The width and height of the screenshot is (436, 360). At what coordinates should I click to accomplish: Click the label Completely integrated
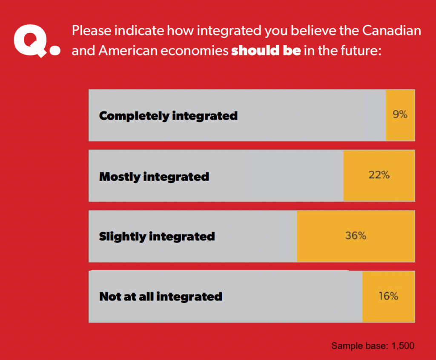[168, 116]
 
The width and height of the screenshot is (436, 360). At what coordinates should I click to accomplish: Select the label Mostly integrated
[154, 176]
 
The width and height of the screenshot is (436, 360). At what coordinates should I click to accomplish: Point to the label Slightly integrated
[157, 236]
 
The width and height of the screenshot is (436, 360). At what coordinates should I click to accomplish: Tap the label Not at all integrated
[161, 296]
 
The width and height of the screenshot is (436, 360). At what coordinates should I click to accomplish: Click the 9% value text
[400, 114]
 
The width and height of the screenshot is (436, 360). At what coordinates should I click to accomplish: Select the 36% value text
[356, 235]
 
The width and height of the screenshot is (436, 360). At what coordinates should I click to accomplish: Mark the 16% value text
[388, 296]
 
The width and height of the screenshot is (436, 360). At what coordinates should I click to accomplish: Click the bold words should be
[266, 51]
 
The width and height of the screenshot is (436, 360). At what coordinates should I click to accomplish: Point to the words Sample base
[358, 346]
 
